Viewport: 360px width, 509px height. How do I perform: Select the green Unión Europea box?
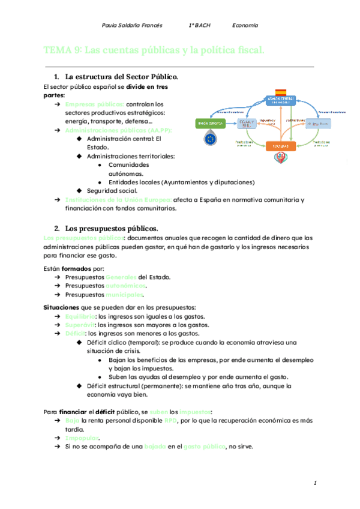tap(211, 123)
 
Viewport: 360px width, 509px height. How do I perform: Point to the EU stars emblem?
tap(211, 139)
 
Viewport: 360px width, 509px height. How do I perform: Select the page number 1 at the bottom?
tap(314, 483)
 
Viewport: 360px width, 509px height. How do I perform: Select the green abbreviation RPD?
tap(171, 421)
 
